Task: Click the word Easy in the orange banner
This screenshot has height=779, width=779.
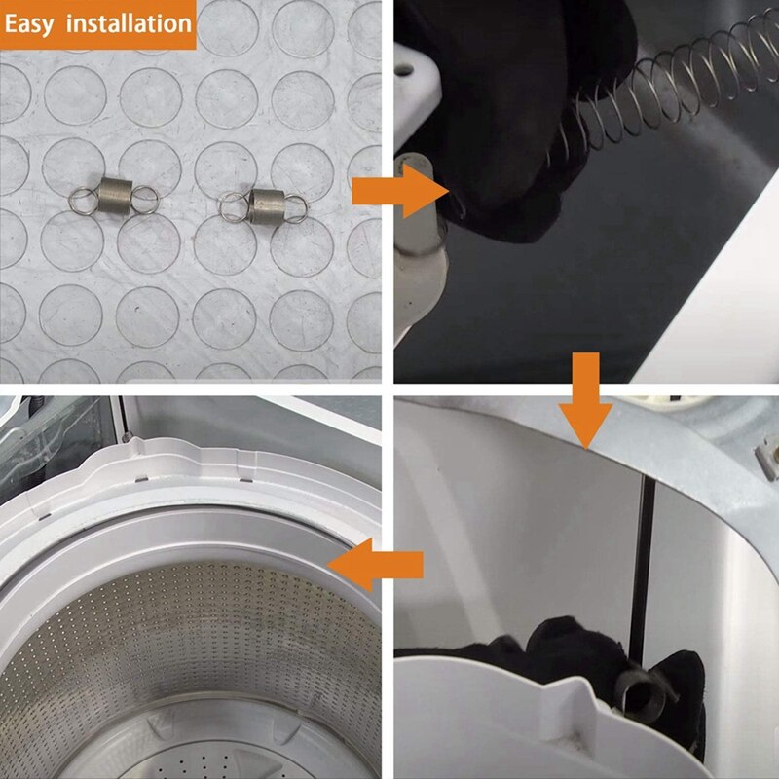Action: click(29, 25)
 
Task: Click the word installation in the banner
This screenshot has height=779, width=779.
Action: click(129, 23)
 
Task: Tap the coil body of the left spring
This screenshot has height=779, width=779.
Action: click(115, 197)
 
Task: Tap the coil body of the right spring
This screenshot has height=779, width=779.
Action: click(266, 206)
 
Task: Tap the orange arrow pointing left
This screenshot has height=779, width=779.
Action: click(376, 565)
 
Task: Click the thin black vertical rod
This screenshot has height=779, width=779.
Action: click(641, 567)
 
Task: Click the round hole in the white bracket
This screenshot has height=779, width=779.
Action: click(404, 69)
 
